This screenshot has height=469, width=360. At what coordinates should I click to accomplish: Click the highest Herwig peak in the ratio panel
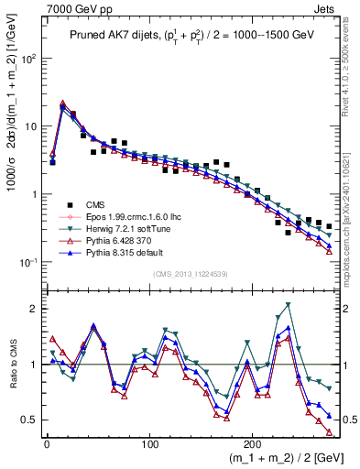click(289, 304)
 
